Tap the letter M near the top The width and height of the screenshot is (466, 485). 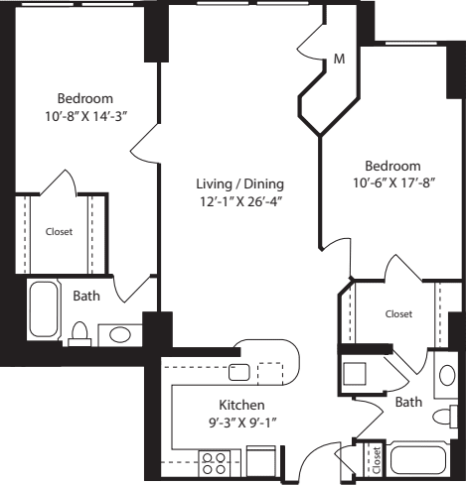[x=339, y=60]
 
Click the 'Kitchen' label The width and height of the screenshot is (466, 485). [x=241, y=405]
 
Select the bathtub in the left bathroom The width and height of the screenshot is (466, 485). [x=43, y=310]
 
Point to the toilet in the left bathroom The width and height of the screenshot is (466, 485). [x=81, y=334]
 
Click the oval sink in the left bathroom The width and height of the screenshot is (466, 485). [x=122, y=334]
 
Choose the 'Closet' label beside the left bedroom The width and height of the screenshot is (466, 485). [x=59, y=232]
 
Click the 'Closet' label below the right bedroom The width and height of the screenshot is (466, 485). [x=398, y=314]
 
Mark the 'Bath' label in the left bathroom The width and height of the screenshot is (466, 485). [x=86, y=295]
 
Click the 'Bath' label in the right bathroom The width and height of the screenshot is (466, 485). [x=408, y=403]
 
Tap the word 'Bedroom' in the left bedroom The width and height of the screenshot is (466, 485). [x=84, y=99]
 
